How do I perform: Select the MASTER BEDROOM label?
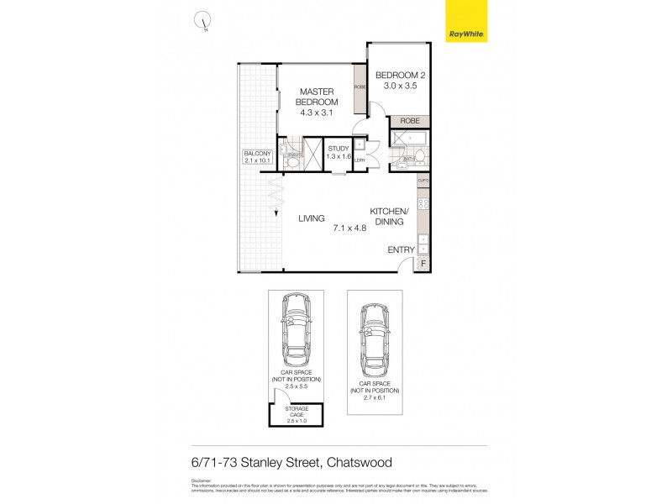tap(317, 97)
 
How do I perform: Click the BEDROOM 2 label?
tap(400, 80)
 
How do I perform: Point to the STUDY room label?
tap(338, 152)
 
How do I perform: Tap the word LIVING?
tap(312, 218)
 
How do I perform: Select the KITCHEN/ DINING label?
tap(389, 216)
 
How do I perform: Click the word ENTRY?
tap(400, 250)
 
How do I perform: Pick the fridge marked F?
tap(423, 265)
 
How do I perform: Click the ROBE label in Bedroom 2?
tap(409, 121)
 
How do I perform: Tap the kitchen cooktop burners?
tap(423, 204)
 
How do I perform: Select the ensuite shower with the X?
tap(313, 154)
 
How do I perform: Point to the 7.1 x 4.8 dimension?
tap(351, 228)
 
